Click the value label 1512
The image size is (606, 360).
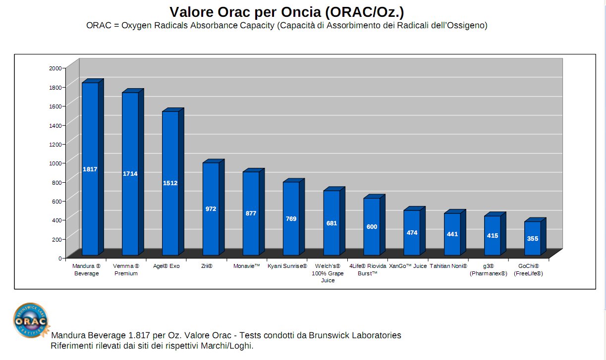170,183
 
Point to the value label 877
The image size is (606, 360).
251,213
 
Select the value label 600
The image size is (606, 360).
372,227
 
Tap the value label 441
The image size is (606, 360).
452,234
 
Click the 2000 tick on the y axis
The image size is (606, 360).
55,68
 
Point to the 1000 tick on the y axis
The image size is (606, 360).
55,163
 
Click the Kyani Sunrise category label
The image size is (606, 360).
287,266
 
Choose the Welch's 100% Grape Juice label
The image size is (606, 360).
328,273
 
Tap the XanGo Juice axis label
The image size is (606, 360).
407,266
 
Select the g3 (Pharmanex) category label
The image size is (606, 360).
488,270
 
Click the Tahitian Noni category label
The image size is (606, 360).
448,266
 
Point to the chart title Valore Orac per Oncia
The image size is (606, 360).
290,12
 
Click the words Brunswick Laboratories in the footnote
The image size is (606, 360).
355,335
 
